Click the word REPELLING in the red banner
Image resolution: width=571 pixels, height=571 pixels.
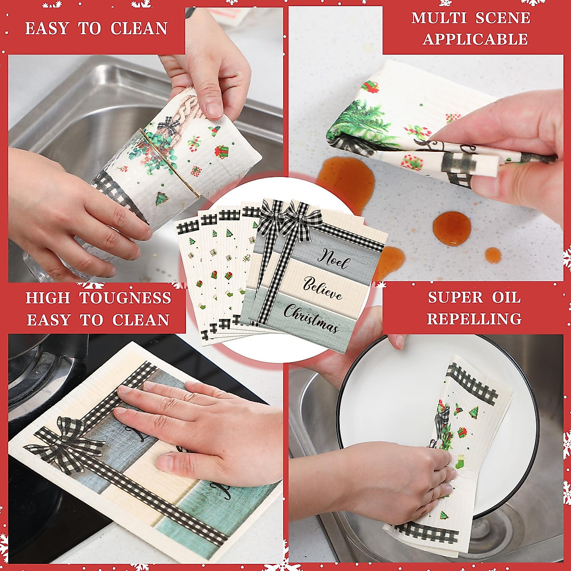474,319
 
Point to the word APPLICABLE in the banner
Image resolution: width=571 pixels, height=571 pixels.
475,39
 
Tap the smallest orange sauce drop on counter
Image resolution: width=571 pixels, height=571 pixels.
493,256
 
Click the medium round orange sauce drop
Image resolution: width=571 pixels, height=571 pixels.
452,228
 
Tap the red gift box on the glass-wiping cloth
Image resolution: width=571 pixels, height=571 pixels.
221,152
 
